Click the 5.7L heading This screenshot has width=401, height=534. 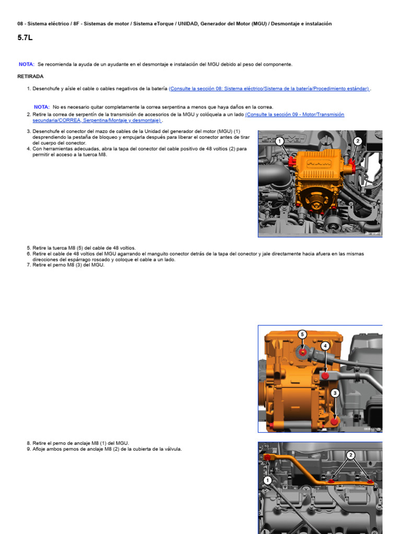[25, 38]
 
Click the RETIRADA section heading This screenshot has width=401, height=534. [30, 76]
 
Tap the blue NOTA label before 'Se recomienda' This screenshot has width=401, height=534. [27, 64]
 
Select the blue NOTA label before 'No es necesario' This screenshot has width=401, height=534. [42, 107]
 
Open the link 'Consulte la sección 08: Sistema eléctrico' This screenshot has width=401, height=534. [269, 89]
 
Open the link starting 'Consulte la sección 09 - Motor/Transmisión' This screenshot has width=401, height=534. [294, 114]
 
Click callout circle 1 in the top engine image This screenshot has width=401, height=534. [280, 141]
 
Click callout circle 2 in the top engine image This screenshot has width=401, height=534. [358, 141]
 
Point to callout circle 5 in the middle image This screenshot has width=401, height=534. [302, 334]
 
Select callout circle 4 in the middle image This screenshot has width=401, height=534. [325, 346]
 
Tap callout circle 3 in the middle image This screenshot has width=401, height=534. [335, 393]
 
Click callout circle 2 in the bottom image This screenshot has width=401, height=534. [351, 455]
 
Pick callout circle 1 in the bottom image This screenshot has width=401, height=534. [267, 480]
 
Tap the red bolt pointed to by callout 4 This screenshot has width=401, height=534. [325, 375]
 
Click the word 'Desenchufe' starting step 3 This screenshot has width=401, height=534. [46, 131]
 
